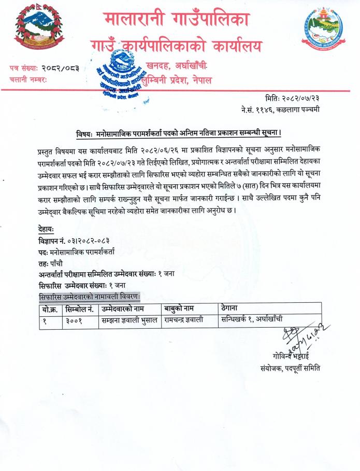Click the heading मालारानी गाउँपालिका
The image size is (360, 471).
pyautogui.click(x=177, y=20)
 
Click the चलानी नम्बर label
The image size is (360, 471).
pyautogui.click(x=28, y=80)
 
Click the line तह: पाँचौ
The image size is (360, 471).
pyautogui.click(x=51, y=263)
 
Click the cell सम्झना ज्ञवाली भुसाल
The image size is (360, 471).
pyautogui.click(x=129, y=320)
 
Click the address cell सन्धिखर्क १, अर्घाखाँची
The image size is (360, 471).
pyautogui.click(x=252, y=319)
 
